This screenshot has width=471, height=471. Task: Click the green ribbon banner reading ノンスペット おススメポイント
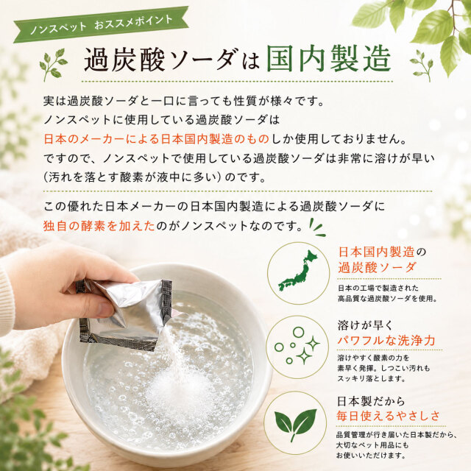pyautogui.click(x=102, y=24)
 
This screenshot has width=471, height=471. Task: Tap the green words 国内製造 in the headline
pyautogui.click(x=329, y=59)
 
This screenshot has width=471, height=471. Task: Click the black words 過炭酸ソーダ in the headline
pyautogui.click(x=159, y=59)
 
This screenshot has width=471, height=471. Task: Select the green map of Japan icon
pyautogui.click(x=298, y=271)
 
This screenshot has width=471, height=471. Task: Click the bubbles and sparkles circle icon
pyautogui.click(x=297, y=345)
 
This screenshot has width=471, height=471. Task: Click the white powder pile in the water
pyautogui.click(x=177, y=391)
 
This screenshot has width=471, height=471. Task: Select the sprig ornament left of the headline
pyautogui.click(x=54, y=65)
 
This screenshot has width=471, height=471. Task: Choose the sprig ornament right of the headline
pyautogui.click(x=422, y=65)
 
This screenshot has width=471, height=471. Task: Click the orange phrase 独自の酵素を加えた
pyautogui.click(x=99, y=226)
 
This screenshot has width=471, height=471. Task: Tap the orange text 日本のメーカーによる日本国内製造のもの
pyautogui.click(x=156, y=139)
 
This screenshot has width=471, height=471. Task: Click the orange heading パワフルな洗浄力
pyautogui.click(x=386, y=340)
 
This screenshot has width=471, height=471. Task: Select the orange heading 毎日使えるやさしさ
pyautogui.click(x=388, y=416)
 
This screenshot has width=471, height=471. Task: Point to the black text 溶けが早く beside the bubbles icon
pyautogui.click(x=365, y=325)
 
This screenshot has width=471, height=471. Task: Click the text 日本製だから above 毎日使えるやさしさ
pyautogui.click(x=371, y=401)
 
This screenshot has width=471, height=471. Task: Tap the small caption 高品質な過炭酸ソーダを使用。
pyautogui.click(x=387, y=299)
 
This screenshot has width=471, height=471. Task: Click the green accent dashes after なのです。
pyautogui.click(x=317, y=228)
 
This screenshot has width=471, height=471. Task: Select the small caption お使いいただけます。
pyautogui.click(x=371, y=456)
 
